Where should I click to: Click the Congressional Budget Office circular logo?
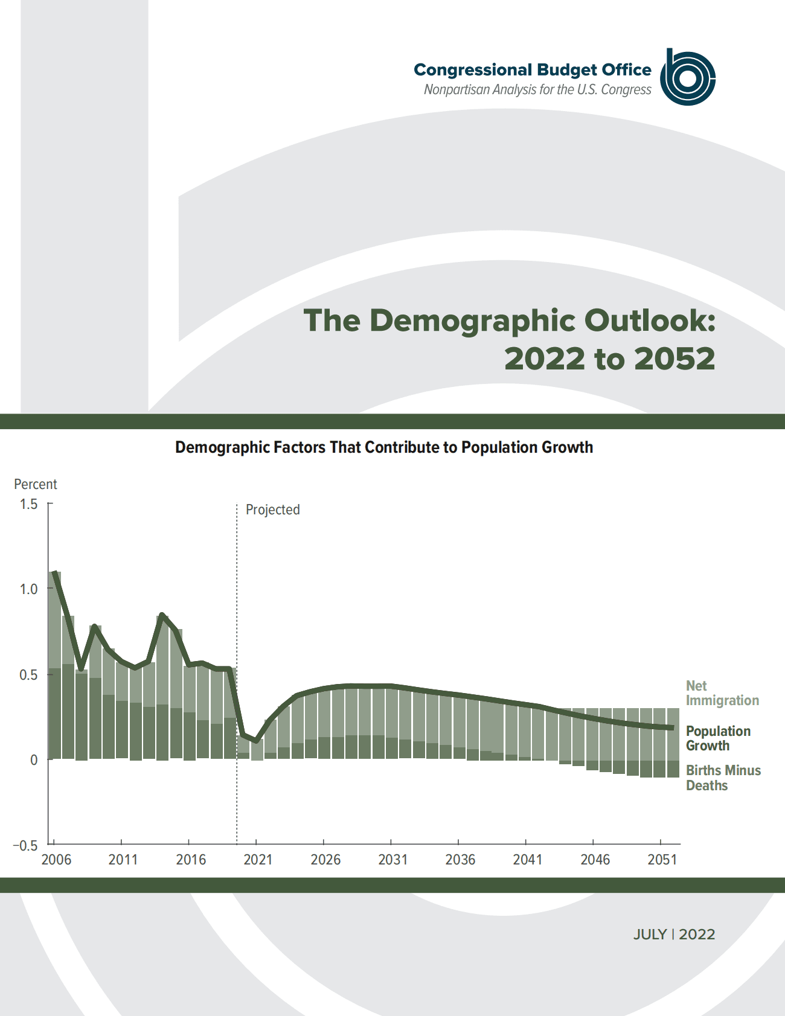(688, 77)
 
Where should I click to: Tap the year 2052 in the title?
(674, 359)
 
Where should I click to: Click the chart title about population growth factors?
(384, 447)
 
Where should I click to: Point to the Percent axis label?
(36, 484)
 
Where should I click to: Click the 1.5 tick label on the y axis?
(28, 504)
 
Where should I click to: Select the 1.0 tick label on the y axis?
(28, 589)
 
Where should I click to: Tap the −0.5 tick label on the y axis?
(25, 845)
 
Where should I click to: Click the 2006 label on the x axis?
(56, 860)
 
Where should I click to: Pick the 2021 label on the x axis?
(258, 860)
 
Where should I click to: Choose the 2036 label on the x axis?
(460, 860)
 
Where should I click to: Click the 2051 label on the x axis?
(662, 860)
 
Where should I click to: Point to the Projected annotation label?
(272, 510)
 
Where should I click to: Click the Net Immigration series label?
(722, 693)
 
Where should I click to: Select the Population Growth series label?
(718, 738)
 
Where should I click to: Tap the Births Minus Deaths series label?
(723, 778)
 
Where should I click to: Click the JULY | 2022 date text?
(674, 935)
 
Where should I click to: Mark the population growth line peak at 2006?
(55, 572)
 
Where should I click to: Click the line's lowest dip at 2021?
(256, 740)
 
